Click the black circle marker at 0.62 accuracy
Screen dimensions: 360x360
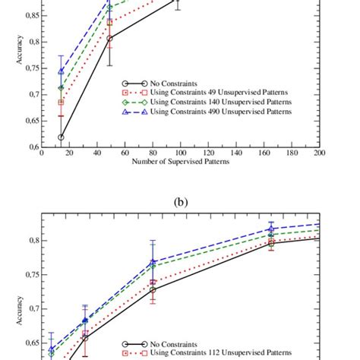pyautogui.click(x=61, y=137)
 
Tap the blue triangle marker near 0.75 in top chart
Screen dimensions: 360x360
pyautogui.click(x=61, y=71)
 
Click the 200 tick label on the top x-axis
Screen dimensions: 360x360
pyautogui.click(x=318, y=153)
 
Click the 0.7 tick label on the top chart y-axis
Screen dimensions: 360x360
pyautogui.click(x=33, y=94)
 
